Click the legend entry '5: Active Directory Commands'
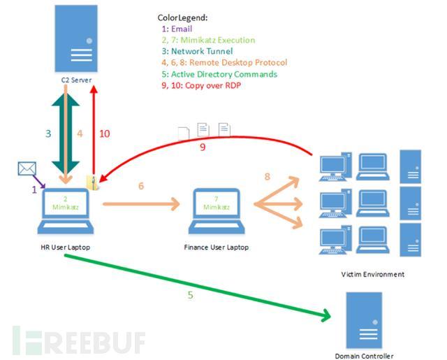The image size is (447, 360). [x=220, y=73]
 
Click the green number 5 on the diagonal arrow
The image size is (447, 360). [x=190, y=295]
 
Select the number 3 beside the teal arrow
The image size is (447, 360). [x=48, y=134]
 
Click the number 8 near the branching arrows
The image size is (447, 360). [x=266, y=178]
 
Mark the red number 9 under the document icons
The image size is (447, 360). [x=203, y=147]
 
